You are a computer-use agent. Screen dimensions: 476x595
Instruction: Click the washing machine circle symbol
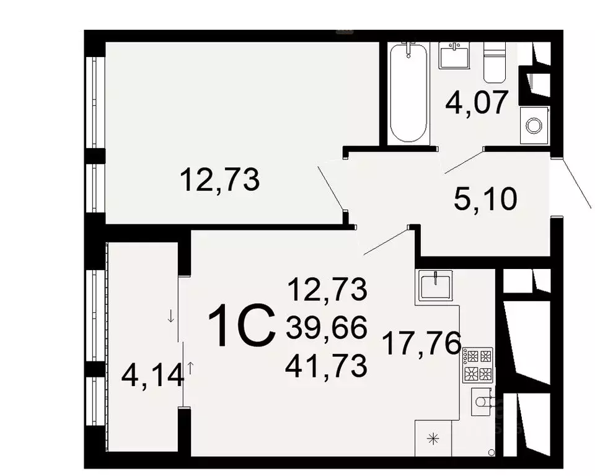click(x=533, y=126)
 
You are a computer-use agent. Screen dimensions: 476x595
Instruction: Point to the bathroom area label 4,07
click(x=477, y=103)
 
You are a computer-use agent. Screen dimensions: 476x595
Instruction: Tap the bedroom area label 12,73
click(x=219, y=180)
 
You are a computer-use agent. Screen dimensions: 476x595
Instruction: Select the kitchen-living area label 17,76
click(x=423, y=343)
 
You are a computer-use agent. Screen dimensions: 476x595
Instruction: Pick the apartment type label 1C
click(x=242, y=327)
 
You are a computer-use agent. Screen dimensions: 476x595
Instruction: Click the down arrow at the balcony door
click(x=171, y=317)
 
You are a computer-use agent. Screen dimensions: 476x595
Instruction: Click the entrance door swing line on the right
click(x=576, y=184)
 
